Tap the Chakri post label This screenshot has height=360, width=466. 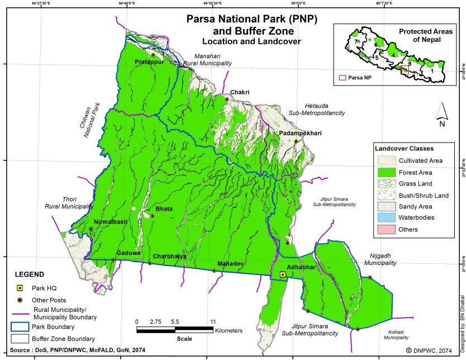pos(239,92)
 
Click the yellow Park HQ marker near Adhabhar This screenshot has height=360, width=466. pos(283,275)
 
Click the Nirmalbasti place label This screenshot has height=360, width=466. pos(111,222)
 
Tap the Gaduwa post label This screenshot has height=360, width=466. pos(128,253)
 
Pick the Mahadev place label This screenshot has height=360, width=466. pos(230,263)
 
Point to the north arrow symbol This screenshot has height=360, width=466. pos(441,113)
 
